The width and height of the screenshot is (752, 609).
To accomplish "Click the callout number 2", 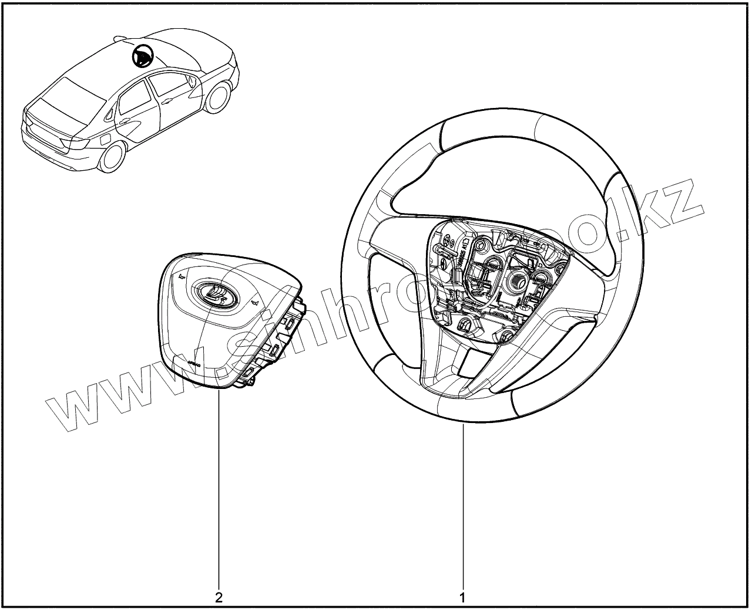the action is (x=219, y=598).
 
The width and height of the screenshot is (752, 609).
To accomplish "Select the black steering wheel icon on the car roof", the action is (x=142, y=56).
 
